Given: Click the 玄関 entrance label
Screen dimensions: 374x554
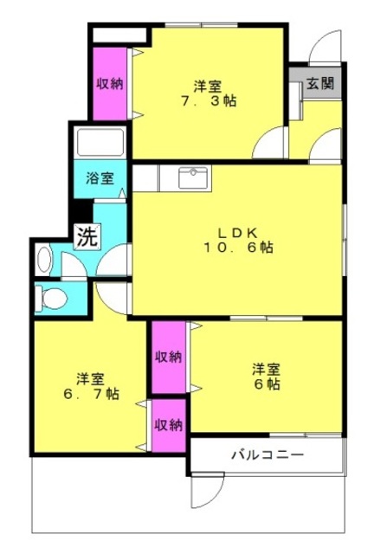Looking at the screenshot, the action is pos(319,83).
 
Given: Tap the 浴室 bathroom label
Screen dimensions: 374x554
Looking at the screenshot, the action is pos(100,178).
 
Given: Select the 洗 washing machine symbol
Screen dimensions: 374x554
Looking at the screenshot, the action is pos(87,237).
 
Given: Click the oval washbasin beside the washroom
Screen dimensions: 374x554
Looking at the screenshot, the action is pos(44,260).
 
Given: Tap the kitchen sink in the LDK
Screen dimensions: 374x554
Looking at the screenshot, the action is pos(193,177).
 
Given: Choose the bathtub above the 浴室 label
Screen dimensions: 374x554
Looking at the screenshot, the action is pos(100,142).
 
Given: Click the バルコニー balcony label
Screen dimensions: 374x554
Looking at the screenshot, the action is pos(268,454).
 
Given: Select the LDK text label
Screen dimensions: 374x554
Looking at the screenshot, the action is pos(236,233).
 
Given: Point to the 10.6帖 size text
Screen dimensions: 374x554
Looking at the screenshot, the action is pos(238,248).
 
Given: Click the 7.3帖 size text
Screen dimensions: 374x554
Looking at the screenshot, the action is pos(209,101).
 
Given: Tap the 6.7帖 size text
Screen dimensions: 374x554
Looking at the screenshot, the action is pos(91,394).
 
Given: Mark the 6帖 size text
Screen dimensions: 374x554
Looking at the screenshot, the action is pos(267,383).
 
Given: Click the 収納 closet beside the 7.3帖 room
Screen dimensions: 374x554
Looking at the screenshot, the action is pos(110,84).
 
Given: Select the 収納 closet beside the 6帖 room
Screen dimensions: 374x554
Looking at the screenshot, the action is pos(169,357).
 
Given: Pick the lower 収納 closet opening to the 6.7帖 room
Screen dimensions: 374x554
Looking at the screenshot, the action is pos(169,426).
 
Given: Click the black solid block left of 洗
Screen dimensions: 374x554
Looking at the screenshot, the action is pos(81,211).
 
